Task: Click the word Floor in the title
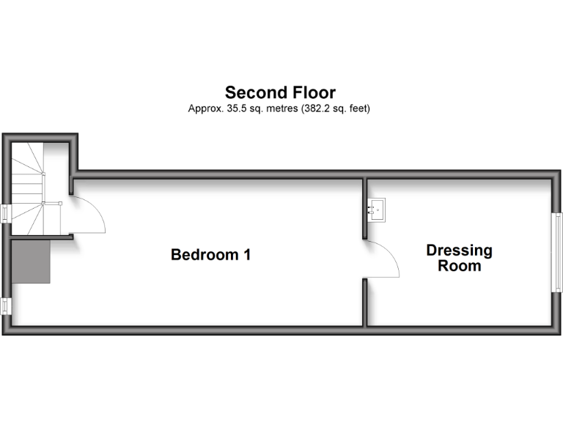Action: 311,93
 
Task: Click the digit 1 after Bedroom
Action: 248,255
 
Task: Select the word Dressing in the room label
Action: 459,251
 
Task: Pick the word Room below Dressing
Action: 459,266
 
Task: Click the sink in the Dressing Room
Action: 378,210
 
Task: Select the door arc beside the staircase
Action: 89,217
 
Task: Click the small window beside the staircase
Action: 5,213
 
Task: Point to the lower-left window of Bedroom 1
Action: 5,306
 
